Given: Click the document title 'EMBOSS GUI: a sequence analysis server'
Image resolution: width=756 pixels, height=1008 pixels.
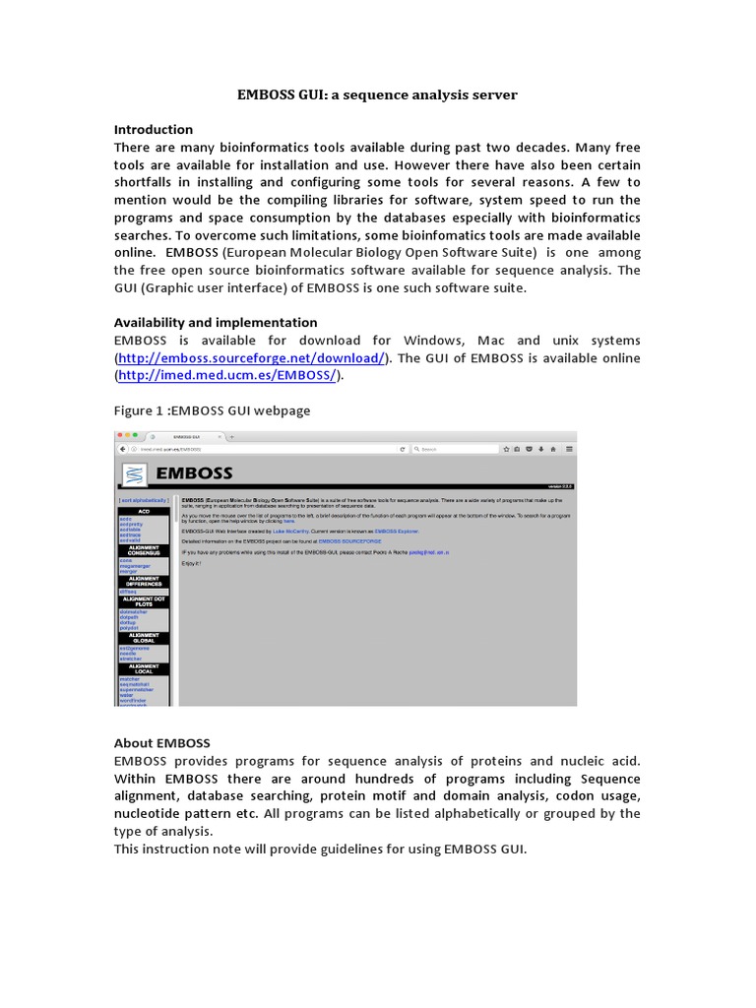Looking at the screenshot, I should (377, 94).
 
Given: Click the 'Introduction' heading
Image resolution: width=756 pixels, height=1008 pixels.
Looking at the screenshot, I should (154, 129).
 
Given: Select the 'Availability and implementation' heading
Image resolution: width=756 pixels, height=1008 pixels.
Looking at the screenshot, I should (216, 322).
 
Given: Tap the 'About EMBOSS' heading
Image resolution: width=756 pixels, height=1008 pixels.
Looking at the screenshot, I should (161, 742).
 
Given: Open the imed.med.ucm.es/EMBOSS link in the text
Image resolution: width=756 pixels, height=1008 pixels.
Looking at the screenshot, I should (228, 375).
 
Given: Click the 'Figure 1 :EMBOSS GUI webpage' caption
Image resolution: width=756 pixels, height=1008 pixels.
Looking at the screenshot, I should (212, 409).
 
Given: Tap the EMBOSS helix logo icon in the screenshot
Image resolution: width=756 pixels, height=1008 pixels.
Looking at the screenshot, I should (134, 473).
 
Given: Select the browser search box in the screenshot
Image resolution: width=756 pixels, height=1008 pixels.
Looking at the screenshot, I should (453, 449).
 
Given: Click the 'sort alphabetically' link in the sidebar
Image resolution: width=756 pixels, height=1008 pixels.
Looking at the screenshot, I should (144, 501).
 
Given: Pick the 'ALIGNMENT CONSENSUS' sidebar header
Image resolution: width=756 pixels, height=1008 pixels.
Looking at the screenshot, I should (144, 551).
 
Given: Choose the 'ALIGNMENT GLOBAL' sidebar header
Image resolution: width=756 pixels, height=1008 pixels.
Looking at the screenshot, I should (144, 637).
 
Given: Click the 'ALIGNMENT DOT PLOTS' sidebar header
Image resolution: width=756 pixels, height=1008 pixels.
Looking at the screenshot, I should (144, 601).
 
